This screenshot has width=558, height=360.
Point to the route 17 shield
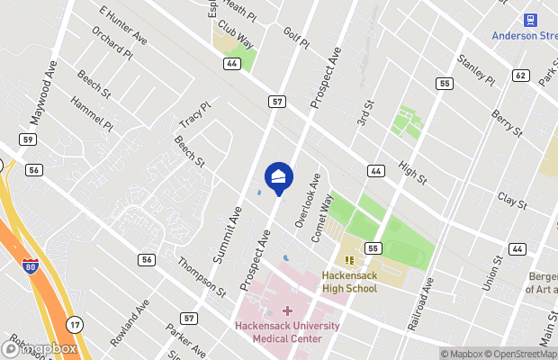74,323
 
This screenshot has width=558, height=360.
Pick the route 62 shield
520,76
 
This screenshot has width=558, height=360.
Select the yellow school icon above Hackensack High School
347,261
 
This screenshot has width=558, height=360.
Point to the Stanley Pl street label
476,69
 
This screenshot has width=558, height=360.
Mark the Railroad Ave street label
420,303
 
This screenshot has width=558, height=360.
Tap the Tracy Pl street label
194,114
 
